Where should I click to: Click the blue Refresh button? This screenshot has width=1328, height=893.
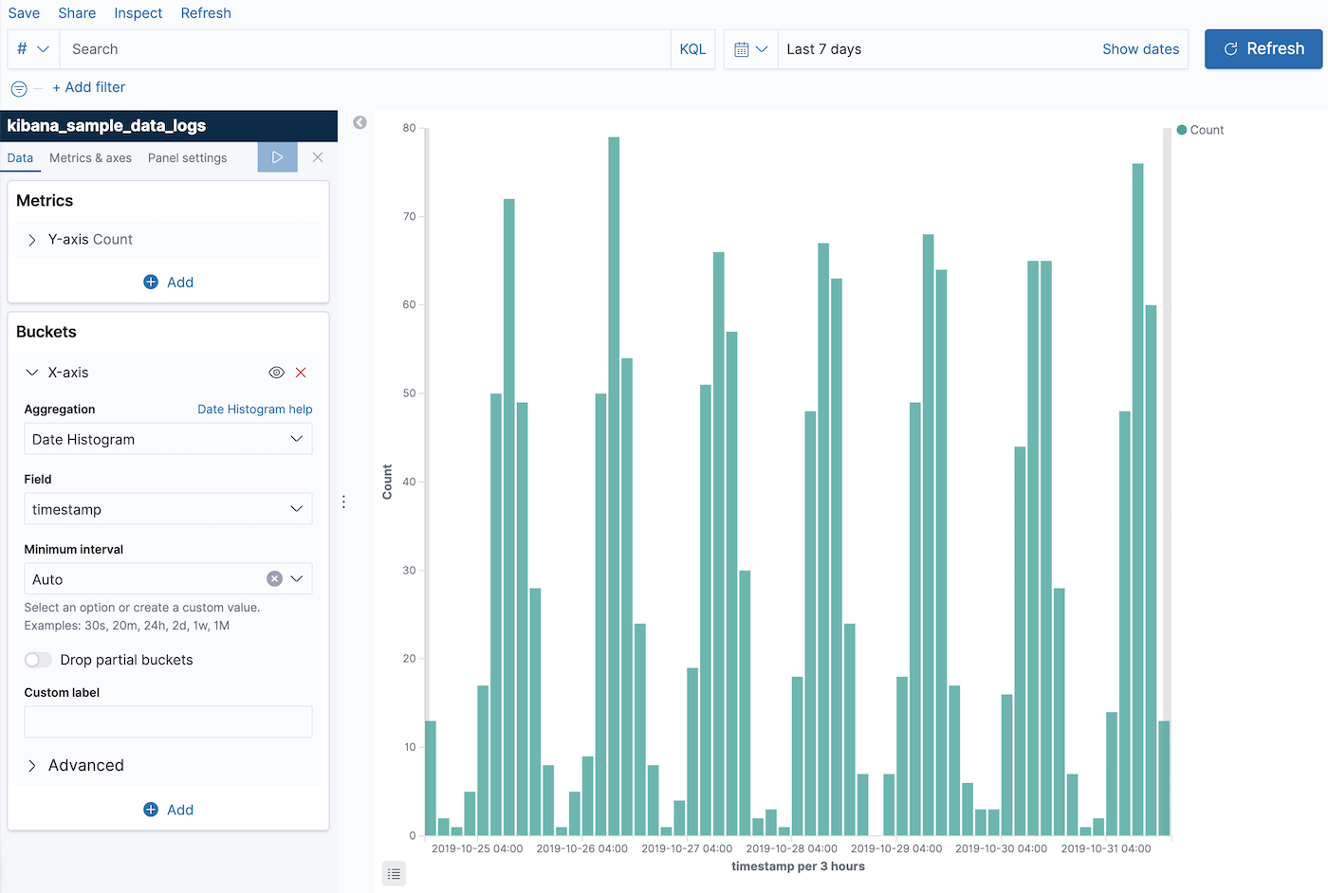(1263, 49)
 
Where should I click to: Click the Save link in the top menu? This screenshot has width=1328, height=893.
(24, 13)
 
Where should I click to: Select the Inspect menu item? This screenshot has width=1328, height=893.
(138, 13)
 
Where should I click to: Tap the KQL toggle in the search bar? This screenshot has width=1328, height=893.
(692, 49)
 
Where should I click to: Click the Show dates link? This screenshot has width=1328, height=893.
(1140, 49)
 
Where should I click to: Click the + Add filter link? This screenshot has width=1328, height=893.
(89, 87)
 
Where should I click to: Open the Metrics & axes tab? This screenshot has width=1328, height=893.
(90, 158)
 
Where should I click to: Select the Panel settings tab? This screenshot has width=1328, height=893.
(187, 158)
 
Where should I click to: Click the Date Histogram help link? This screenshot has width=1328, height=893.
(254, 410)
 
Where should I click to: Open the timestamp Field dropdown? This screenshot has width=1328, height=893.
(168, 509)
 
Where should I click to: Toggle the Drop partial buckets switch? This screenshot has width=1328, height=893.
(38, 660)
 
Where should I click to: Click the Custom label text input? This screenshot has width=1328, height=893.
(168, 721)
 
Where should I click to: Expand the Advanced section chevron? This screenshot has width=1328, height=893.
(32, 766)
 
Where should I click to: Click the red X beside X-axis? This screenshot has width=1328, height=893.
(301, 373)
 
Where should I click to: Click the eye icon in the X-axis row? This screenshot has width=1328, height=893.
(276, 373)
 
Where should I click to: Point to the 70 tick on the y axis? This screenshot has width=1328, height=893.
(409, 217)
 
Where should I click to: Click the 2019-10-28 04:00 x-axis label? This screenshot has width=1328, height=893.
(791, 848)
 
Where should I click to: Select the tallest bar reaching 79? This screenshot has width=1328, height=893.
(614, 474)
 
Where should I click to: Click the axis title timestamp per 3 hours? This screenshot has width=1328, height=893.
(798, 866)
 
